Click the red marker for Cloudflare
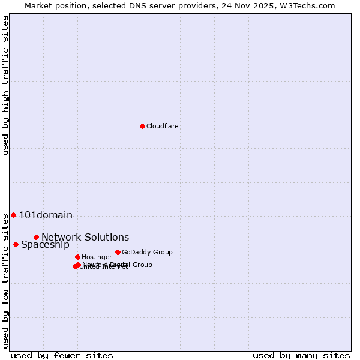click(x=142, y=126)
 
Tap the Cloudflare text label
click(x=163, y=127)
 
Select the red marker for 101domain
click(x=13, y=215)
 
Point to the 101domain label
click(x=46, y=215)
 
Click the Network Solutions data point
click(x=36, y=237)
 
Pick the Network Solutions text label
click(x=85, y=238)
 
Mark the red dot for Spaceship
click(x=16, y=244)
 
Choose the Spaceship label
click(x=45, y=245)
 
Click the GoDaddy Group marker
click(x=118, y=252)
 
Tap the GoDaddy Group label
click(x=147, y=253)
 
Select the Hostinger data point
click(x=77, y=257)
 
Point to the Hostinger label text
click(x=97, y=257)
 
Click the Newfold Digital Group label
click(x=118, y=265)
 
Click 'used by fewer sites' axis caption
click(x=62, y=356)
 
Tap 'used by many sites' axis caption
click(x=301, y=356)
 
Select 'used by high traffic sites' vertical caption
click(x=5, y=86)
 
